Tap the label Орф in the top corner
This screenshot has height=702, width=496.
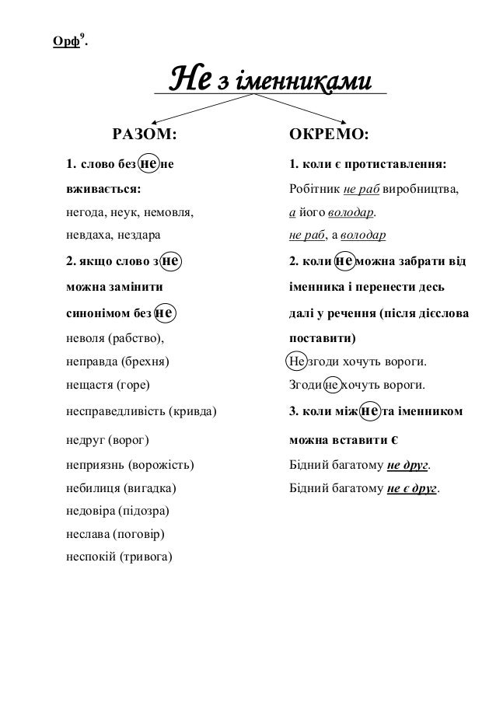(x=65, y=41)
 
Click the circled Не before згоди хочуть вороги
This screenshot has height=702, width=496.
(x=296, y=361)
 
